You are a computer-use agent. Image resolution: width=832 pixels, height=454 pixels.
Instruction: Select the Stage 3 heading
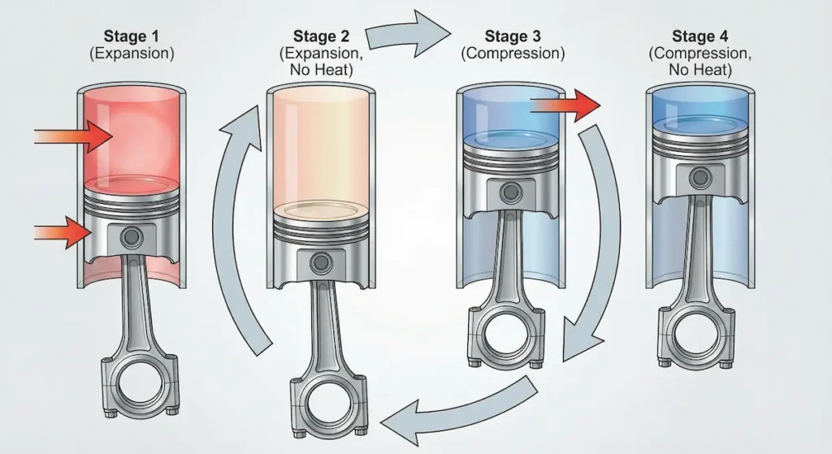click(x=512, y=36)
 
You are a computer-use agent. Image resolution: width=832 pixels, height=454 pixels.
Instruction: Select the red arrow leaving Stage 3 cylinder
click(x=565, y=105)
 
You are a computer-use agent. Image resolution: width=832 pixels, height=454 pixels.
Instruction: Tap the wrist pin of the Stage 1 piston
click(x=129, y=237)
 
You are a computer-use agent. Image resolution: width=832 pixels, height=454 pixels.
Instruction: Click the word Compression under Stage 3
click(x=512, y=54)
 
